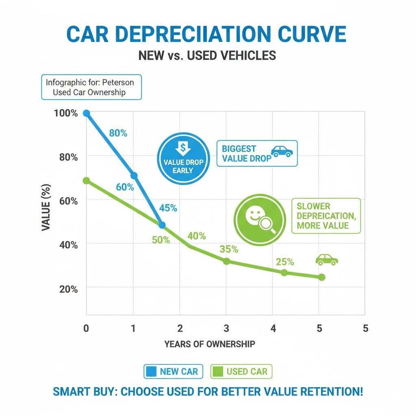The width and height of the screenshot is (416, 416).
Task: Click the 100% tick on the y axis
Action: (x=65, y=113)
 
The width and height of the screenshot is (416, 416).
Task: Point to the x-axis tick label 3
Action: (x=227, y=328)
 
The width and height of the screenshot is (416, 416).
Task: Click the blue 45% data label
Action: (x=168, y=208)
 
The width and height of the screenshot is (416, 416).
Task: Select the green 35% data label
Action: (x=229, y=249)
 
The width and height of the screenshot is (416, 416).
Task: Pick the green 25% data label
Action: (x=285, y=262)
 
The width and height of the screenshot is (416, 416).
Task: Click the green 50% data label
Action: (x=161, y=240)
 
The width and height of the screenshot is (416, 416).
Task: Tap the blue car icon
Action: (x=282, y=151)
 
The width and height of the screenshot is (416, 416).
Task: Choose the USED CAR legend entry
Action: (x=241, y=371)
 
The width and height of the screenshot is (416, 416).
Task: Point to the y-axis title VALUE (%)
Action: (x=46, y=208)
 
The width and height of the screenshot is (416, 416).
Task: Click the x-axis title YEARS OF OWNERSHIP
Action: (x=210, y=344)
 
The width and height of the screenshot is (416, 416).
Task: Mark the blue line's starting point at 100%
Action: (x=86, y=113)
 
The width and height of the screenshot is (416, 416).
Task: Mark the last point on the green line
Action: (x=322, y=277)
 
